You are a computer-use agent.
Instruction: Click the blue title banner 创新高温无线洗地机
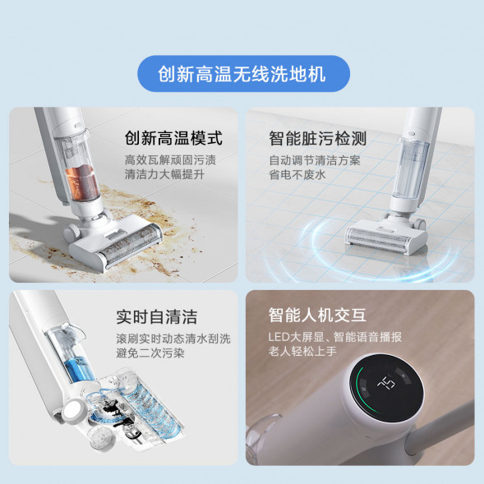242,74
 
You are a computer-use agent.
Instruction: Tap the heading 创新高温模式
173,137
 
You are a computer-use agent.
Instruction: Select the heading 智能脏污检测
317,137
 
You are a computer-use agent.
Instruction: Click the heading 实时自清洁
156,316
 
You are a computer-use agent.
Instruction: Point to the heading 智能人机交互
317,316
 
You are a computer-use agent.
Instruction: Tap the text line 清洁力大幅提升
164,176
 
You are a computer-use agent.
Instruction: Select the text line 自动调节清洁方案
314,160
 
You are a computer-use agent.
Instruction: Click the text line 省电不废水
297,176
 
